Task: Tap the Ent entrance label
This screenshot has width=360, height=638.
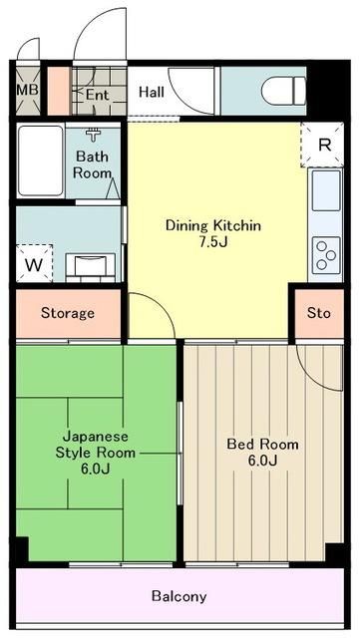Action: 97,95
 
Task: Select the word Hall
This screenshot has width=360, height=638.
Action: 152,93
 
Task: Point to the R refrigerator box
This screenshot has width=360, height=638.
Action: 323,145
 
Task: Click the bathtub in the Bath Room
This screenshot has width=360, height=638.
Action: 41,161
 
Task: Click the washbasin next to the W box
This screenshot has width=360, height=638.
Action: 89,264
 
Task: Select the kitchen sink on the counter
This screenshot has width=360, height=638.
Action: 325,190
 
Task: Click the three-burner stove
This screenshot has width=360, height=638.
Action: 325,254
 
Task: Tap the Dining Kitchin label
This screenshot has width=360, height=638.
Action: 212,225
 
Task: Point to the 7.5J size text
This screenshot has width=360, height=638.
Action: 212,242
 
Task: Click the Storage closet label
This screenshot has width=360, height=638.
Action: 68,313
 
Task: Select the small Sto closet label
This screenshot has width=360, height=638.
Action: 318,313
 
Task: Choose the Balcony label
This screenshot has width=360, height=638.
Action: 180,597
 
